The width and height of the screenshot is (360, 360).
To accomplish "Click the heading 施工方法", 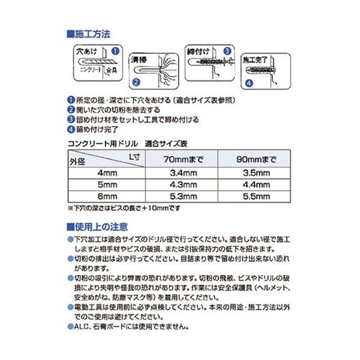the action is point(89,34).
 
